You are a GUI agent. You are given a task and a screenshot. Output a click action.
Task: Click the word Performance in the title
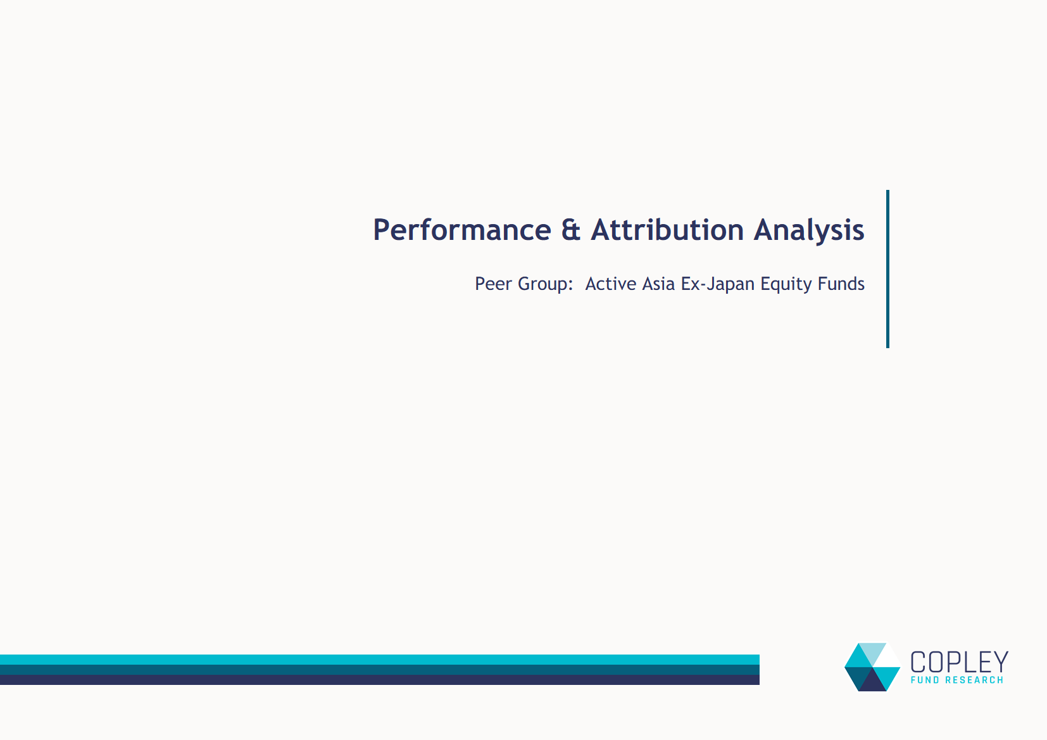[x=462, y=230]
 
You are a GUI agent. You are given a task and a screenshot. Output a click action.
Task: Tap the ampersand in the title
[x=571, y=230]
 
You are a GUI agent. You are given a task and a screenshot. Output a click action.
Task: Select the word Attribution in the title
[x=667, y=230]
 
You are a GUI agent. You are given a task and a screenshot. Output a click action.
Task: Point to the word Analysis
[x=809, y=231]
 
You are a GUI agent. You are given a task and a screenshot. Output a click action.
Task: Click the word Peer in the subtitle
[x=493, y=284]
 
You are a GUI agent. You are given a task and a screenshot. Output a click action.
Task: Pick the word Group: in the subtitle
[x=545, y=284]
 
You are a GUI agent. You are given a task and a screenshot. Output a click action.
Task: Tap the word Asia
[x=658, y=284]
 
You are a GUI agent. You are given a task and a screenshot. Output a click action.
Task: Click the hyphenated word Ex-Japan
[x=717, y=284]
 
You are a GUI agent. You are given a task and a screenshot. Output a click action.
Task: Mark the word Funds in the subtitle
[x=841, y=284]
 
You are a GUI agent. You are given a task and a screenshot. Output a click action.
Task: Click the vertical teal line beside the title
[x=887, y=269]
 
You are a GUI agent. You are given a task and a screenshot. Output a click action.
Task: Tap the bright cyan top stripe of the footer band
[x=380, y=659]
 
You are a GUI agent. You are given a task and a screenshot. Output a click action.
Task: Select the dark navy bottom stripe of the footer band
[x=380, y=680]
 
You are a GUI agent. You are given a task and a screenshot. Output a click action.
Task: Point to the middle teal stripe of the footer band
[x=380, y=669]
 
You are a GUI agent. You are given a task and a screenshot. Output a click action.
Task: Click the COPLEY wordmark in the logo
[x=959, y=662]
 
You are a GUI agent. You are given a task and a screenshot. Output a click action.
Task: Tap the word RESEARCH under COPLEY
[x=974, y=680]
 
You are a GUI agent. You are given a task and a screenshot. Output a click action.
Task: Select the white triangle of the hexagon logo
[x=886, y=658]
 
